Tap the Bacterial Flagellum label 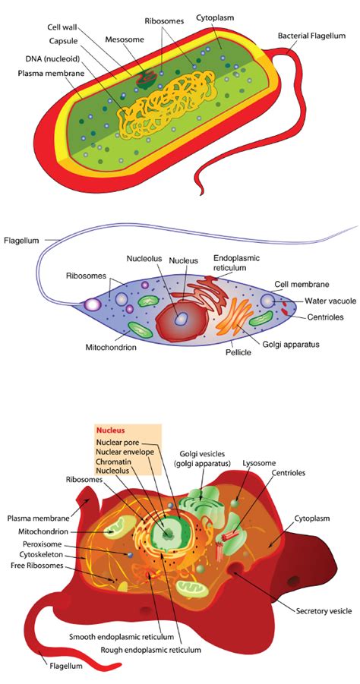[311, 36]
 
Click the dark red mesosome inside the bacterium [147, 79]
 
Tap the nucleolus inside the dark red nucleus [180, 320]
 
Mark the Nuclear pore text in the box [118, 442]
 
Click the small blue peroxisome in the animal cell [130, 554]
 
